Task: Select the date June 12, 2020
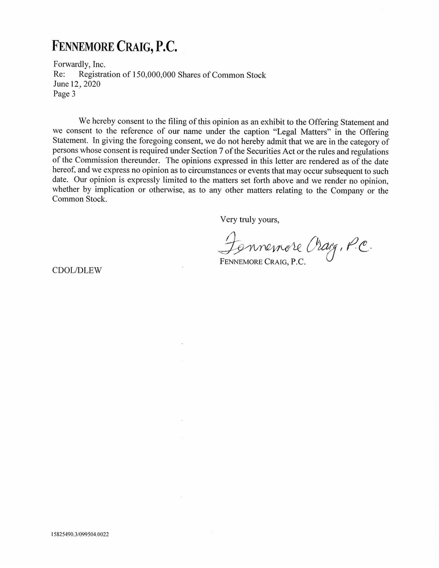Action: [77, 84]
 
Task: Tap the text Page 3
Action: [65, 94]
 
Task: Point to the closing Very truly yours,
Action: [250, 219]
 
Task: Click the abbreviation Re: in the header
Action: [59, 75]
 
